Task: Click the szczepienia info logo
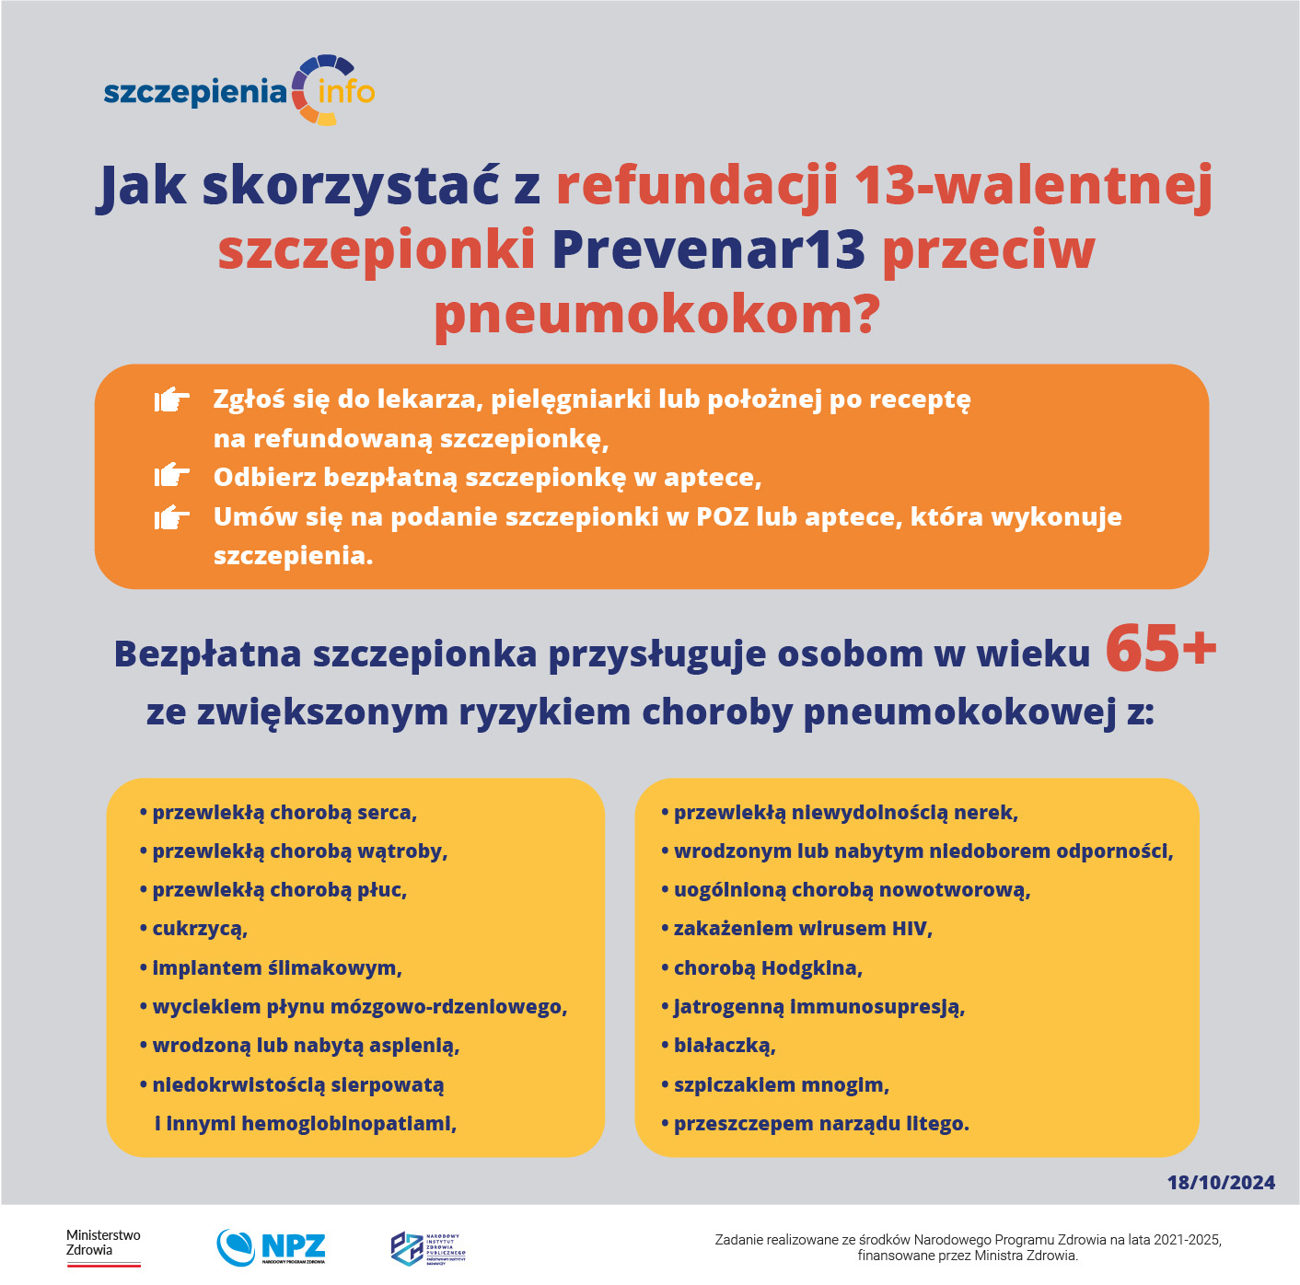(x=239, y=91)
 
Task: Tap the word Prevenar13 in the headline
(x=708, y=249)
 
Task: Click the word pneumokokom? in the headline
(x=656, y=314)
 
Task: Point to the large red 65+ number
(x=1160, y=648)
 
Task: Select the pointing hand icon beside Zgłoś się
(x=172, y=399)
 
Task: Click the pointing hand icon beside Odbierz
(x=172, y=476)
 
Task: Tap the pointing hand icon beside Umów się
(x=172, y=516)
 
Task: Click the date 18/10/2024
(x=1221, y=1183)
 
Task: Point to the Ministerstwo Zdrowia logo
(x=103, y=1246)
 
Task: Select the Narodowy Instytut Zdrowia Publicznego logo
(x=428, y=1248)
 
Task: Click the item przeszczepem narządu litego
(x=820, y=1124)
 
